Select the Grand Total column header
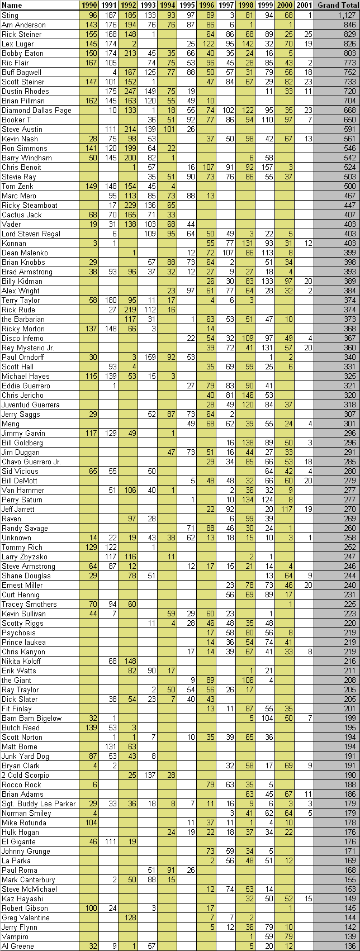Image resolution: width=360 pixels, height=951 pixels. pos(337,5)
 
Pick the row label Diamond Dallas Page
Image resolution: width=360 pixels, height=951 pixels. pos(36,110)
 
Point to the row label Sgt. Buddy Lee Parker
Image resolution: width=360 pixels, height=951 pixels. pos(36,803)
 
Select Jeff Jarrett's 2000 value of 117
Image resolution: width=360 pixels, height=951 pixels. pos(286,509)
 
